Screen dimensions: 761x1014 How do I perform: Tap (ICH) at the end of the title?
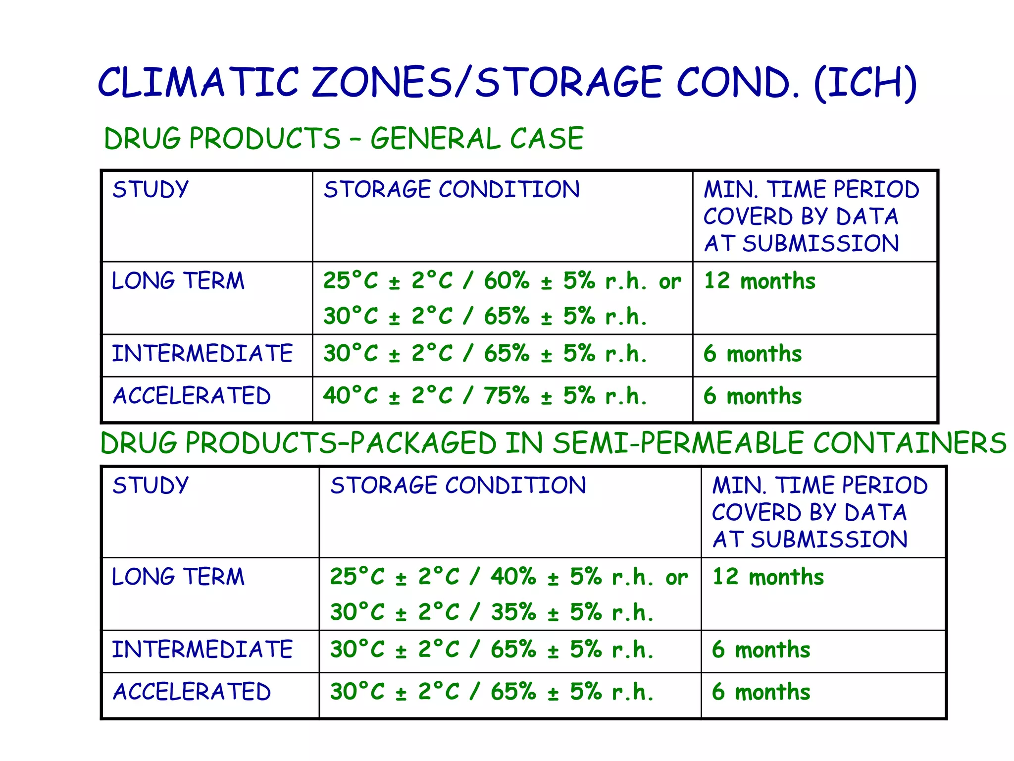coord(865,83)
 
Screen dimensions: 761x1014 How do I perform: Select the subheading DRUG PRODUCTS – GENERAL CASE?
coord(344,138)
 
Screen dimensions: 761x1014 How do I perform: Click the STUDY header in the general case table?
coord(151,190)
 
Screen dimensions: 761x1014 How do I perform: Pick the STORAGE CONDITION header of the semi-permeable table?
coord(458,486)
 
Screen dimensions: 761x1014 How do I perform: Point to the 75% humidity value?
coord(507,396)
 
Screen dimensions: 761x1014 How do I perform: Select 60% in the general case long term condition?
coord(507,281)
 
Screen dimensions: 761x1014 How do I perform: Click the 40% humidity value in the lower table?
coord(513,577)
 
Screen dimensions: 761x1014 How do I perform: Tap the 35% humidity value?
coord(513,612)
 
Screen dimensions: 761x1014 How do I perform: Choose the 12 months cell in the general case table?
coord(760,281)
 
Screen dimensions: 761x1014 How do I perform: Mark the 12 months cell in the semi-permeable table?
coord(768,577)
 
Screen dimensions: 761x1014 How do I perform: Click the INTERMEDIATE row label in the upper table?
coord(202,354)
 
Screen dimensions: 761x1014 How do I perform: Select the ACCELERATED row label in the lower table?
coord(192,692)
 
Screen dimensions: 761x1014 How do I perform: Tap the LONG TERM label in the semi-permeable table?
coord(178,577)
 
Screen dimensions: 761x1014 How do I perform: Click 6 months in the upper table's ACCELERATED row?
coord(753,396)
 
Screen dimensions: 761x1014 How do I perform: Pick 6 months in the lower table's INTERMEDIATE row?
coord(761,650)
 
